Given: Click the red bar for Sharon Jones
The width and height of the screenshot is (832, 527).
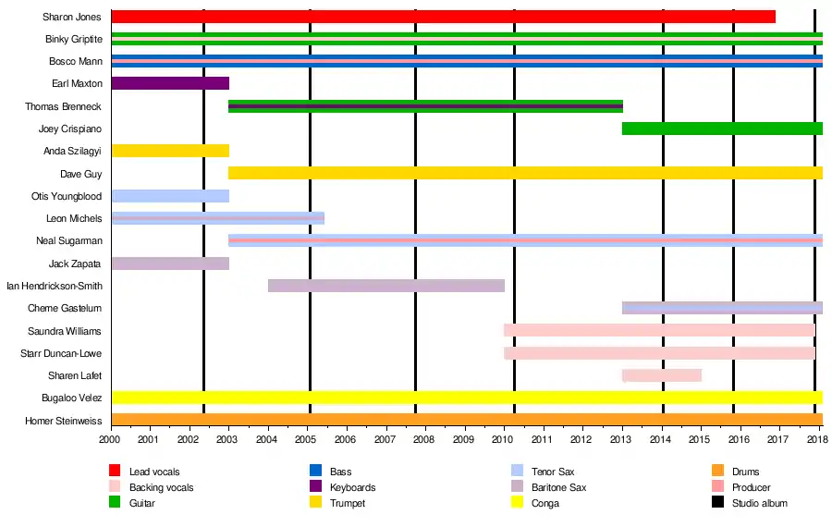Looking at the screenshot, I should [443, 17].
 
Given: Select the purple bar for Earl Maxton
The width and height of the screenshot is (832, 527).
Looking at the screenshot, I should [170, 83].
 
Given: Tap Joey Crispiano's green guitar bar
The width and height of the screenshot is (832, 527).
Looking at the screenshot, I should [722, 129].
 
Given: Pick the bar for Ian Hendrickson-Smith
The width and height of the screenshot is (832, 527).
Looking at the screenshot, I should [386, 286].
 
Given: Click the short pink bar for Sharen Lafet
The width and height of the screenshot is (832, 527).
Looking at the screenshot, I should [662, 375].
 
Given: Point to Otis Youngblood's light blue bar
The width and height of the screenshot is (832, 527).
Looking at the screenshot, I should [170, 196].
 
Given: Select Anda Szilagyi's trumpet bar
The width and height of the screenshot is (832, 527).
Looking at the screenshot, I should [170, 151].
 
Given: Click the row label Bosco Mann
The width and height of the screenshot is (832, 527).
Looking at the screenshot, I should [76, 62].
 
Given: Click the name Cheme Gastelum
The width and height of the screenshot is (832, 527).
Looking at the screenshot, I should [65, 309].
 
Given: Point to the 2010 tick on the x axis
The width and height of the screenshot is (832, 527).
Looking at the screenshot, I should [503, 440].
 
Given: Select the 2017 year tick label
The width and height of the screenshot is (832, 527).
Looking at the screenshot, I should [777, 440].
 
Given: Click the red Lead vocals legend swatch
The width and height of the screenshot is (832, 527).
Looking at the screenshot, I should [116, 472].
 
